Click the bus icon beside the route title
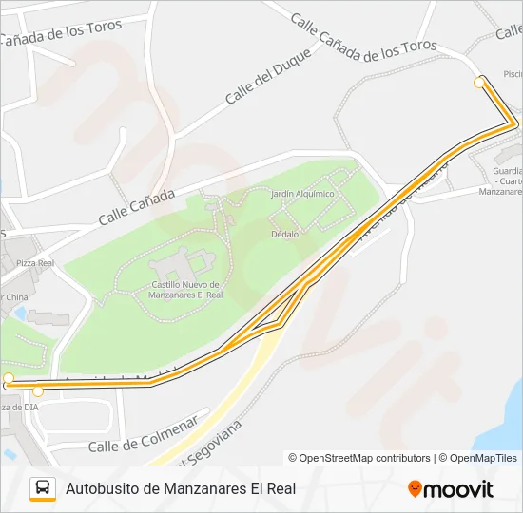pyautogui.click(x=43, y=488)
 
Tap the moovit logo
pyautogui.click(x=451, y=488)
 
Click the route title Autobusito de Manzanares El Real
pyautogui.click(x=181, y=488)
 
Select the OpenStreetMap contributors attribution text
pyautogui.click(x=359, y=458)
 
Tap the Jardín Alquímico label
pyautogui.click(x=302, y=194)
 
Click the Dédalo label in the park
pyautogui.click(x=284, y=234)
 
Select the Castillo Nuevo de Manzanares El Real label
pyautogui.click(x=186, y=289)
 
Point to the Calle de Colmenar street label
pyautogui.click(x=143, y=433)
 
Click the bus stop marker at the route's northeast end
pyautogui.click(x=479, y=83)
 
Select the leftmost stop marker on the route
pyautogui.click(x=9, y=379)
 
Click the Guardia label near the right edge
pyautogui.click(x=508, y=172)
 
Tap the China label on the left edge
pyautogui.click(x=13, y=296)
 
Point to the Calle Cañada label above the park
pyautogui.click(x=136, y=207)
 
